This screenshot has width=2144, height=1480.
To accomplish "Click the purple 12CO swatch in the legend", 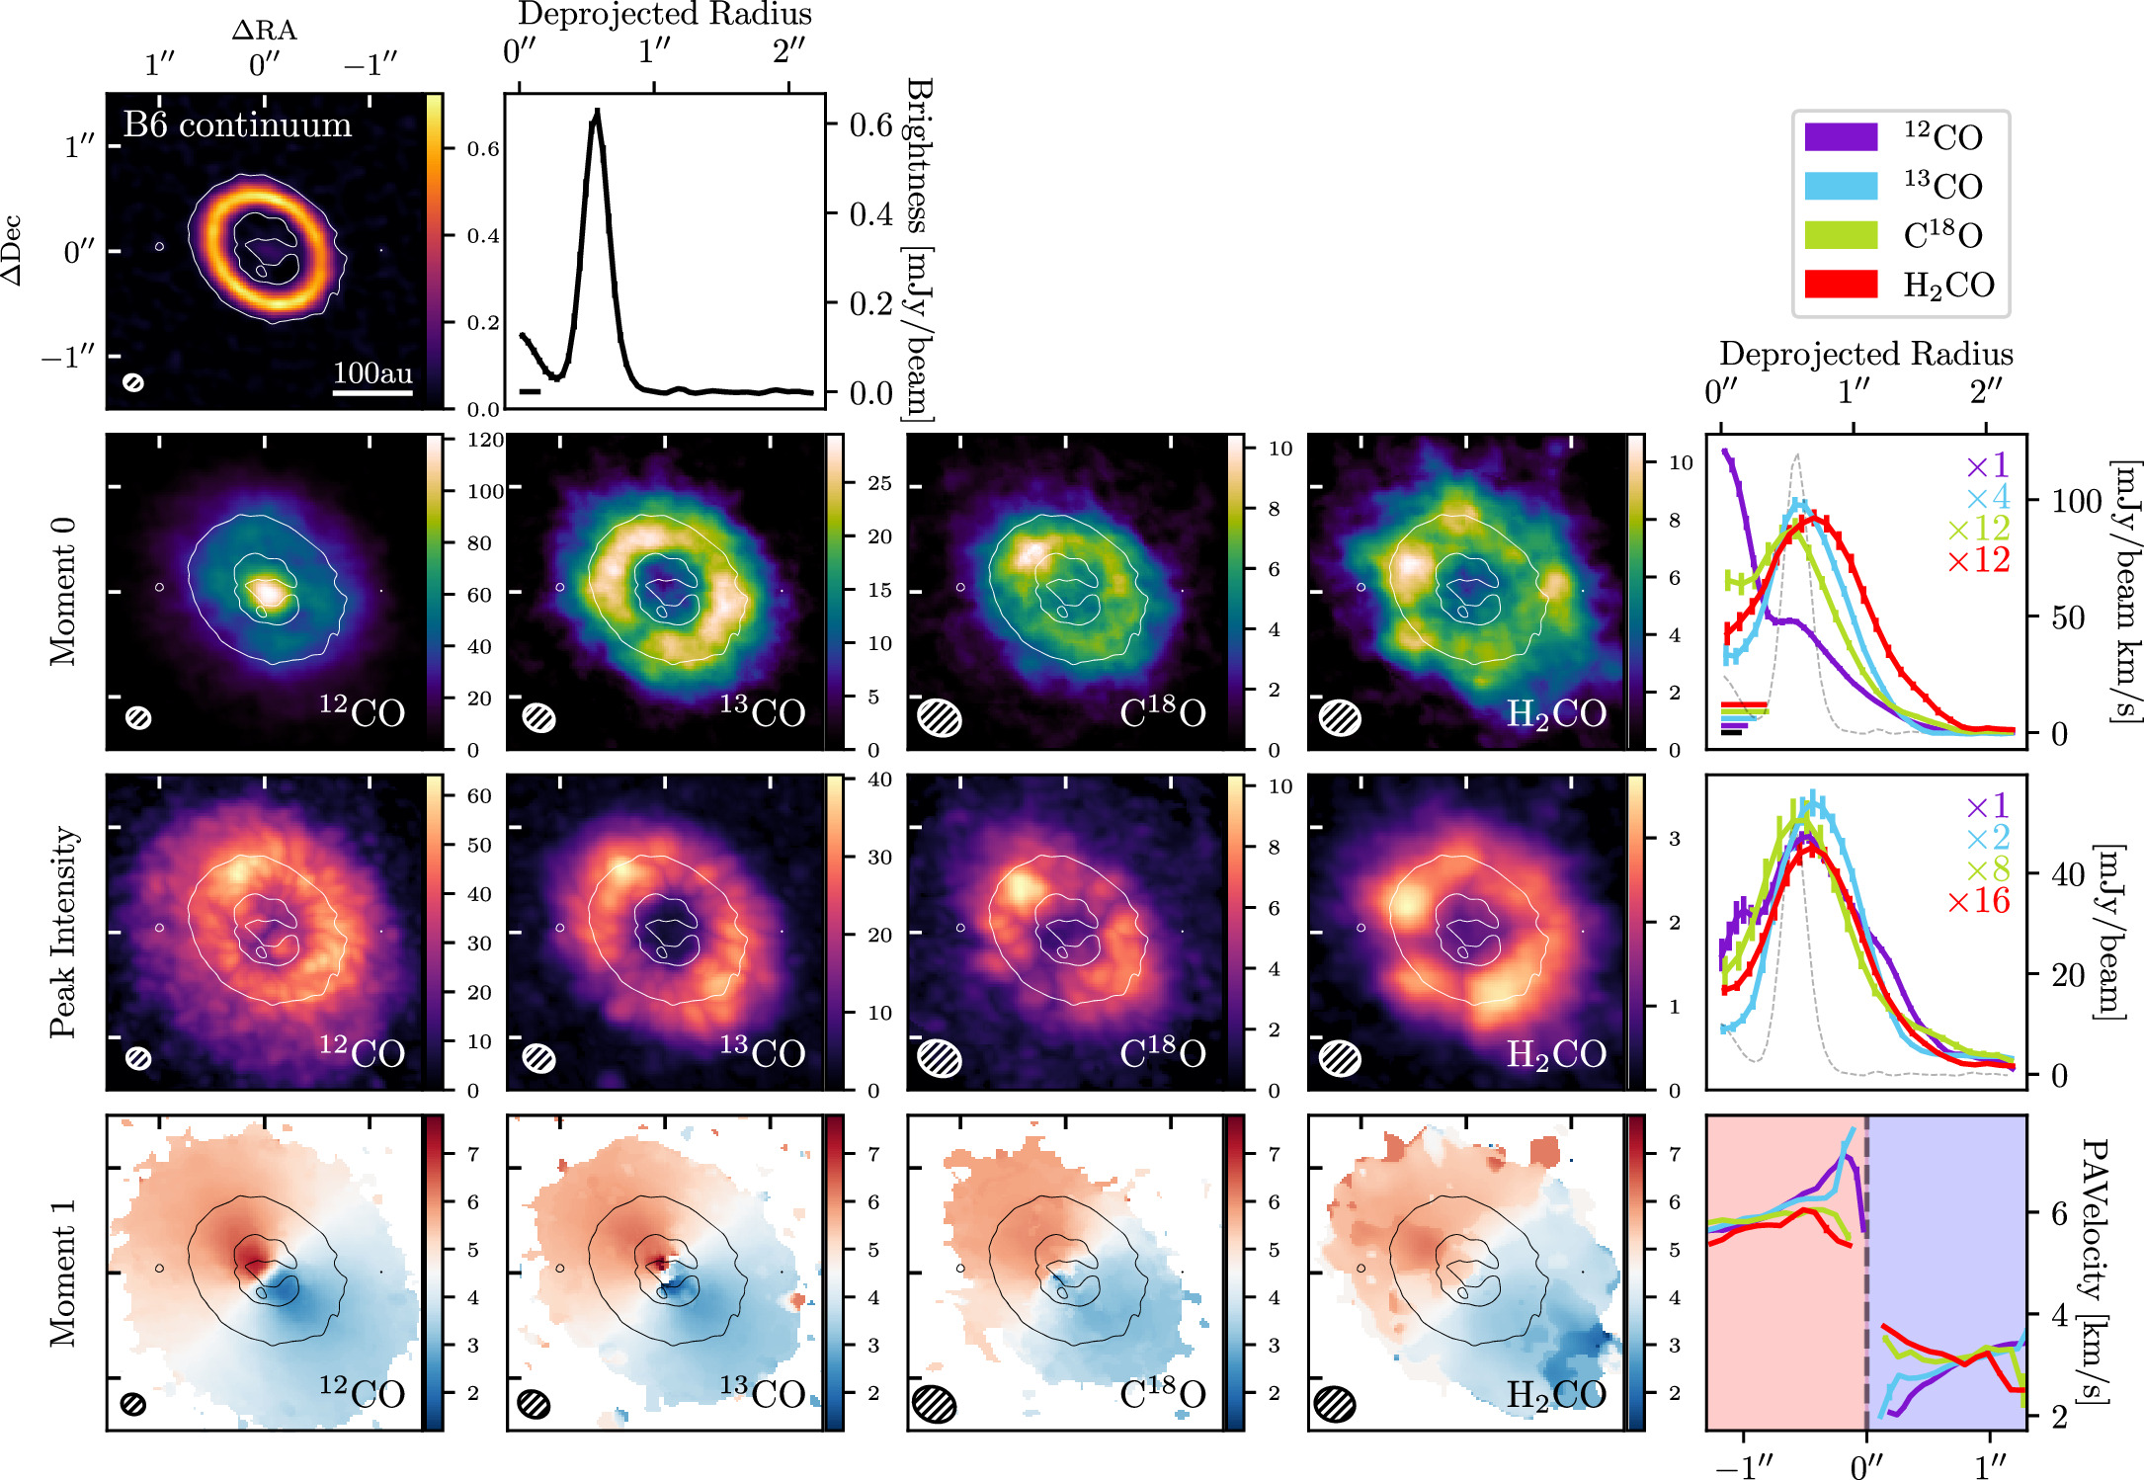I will click(1840, 136).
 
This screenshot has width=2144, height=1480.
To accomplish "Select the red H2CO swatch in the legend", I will click(1840, 284).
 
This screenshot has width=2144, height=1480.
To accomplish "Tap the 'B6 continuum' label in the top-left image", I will click(237, 125).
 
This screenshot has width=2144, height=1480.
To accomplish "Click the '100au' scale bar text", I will click(372, 372).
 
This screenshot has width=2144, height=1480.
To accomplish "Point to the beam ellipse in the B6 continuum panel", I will click(133, 382).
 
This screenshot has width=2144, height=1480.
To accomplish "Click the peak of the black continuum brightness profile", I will click(596, 115).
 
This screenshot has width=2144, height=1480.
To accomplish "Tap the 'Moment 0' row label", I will click(62, 591).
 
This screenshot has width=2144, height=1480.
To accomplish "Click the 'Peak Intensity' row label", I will click(62, 932).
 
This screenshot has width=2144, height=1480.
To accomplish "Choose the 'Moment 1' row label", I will click(62, 1273).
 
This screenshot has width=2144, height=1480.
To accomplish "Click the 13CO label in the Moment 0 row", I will click(762, 711).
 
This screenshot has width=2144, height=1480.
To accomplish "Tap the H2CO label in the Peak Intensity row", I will click(1556, 1053).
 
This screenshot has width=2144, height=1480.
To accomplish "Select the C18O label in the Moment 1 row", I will click(1162, 1393).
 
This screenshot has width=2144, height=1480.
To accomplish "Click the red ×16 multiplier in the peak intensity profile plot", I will click(1978, 901).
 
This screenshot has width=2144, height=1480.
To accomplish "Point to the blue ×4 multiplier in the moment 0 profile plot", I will click(1987, 497).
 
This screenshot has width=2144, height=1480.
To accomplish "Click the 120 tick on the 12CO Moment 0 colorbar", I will click(485, 441).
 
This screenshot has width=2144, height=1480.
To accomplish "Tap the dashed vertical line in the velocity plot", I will click(1865, 1274).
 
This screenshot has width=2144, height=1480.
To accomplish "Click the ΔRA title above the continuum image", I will click(264, 30).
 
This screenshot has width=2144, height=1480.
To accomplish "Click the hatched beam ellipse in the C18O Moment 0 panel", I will click(939, 717).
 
